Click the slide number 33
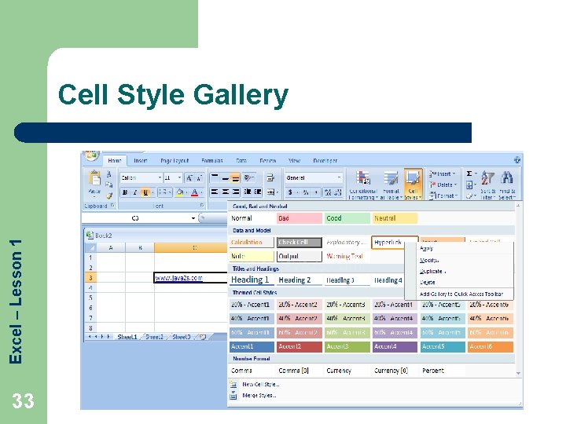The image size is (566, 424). pyautogui.click(x=24, y=401)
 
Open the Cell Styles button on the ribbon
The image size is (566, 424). pyautogui.click(x=413, y=185)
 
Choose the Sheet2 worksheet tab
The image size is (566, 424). pyautogui.click(x=154, y=336)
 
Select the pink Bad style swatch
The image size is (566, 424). pyautogui.click(x=298, y=218)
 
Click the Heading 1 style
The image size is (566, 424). pyautogui.click(x=251, y=280)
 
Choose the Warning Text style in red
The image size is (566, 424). pyautogui.click(x=345, y=256)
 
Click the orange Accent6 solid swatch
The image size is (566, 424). pyautogui.click(x=490, y=346)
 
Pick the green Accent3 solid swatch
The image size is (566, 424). pyautogui.click(x=345, y=346)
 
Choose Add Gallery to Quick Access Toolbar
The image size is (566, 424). pyautogui.click(x=461, y=294)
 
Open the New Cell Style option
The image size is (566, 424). pyautogui.click(x=259, y=384)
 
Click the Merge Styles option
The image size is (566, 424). pyautogui.click(x=258, y=395)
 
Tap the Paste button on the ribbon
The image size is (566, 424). pyautogui.click(x=94, y=184)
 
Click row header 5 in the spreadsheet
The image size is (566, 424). pyautogui.click(x=90, y=298)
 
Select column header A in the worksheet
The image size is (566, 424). pyautogui.click(x=110, y=247)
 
